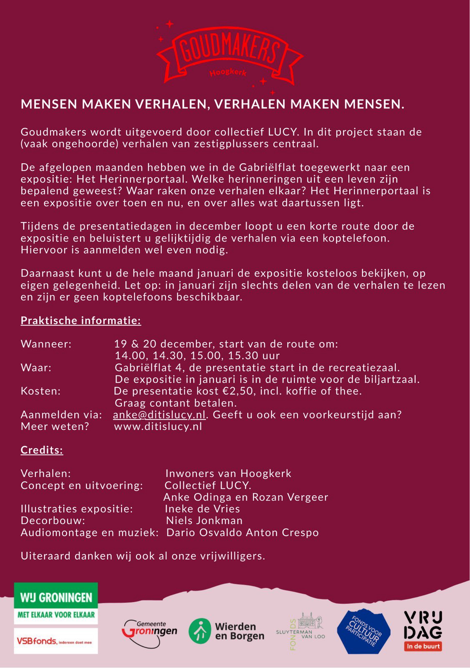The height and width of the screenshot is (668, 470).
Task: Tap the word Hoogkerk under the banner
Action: click(x=228, y=73)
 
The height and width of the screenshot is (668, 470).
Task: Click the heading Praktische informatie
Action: click(x=81, y=321)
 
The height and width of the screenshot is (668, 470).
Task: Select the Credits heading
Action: click(x=42, y=450)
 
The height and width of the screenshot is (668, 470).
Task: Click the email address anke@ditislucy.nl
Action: click(x=159, y=415)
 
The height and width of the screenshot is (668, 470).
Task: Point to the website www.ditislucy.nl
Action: click(x=158, y=427)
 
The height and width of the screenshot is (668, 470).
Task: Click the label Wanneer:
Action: click(x=46, y=344)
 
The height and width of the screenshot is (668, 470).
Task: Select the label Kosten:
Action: click(x=41, y=391)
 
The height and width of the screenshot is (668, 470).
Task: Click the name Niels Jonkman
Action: click(x=204, y=521)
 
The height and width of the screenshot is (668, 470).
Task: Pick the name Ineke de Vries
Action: click(x=203, y=509)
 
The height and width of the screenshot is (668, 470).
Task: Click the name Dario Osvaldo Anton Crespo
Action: click(x=243, y=533)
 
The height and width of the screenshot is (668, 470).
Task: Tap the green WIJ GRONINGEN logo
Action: click(x=56, y=603)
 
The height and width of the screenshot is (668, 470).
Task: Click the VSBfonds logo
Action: click(x=56, y=641)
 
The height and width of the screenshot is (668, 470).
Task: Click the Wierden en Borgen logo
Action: click(x=226, y=631)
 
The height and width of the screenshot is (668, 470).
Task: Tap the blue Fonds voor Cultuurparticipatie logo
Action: click(x=363, y=631)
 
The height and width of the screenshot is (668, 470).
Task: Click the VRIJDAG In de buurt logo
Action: click(x=423, y=630)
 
